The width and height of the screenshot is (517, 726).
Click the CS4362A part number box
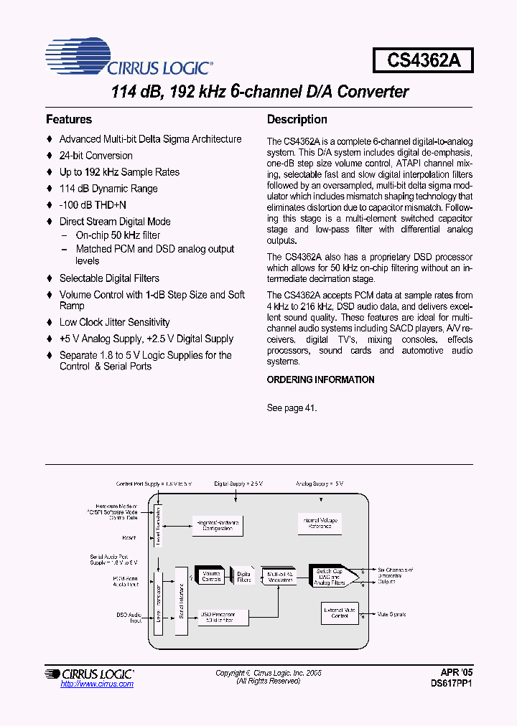[x=423, y=60]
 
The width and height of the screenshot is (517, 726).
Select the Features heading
[x=69, y=120]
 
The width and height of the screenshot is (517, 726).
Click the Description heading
[x=297, y=120]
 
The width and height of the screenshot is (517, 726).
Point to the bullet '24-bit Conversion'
[x=96, y=156]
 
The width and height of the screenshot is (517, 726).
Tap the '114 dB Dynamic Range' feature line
[x=108, y=189]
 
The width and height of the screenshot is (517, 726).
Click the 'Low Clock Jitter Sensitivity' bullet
[x=114, y=322]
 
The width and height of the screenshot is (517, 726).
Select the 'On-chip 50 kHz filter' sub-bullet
[x=118, y=235]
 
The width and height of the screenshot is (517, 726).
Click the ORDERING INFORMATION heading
[x=320, y=379]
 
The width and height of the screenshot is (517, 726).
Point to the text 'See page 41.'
[x=292, y=407]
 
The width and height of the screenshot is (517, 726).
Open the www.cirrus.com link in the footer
[x=97, y=684]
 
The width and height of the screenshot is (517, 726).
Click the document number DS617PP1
[x=452, y=684]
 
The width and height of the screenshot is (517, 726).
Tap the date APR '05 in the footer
[x=457, y=672]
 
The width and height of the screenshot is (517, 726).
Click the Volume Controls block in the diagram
[x=211, y=576]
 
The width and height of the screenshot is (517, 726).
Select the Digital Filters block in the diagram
[x=244, y=576]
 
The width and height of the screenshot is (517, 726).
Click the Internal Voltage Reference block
[x=319, y=524]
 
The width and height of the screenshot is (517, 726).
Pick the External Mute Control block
[x=340, y=613]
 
